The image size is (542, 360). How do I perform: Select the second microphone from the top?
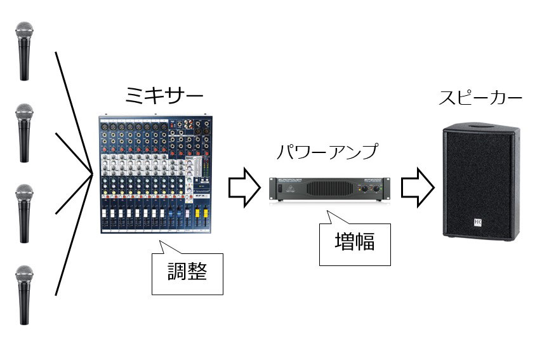point(25,134)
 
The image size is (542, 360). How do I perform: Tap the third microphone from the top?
point(25,213)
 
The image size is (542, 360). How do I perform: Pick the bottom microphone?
point(25,295)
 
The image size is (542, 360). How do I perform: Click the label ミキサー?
point(164,98)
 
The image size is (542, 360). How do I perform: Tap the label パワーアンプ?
point(327,152)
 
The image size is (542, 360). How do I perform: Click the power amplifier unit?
point(329,189)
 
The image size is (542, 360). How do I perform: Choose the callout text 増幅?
point(354,242)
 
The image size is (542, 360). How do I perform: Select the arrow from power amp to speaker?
point(418,186)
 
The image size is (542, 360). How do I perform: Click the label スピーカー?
point(480,99)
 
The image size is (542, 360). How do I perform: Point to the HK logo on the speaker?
point(475,222)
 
